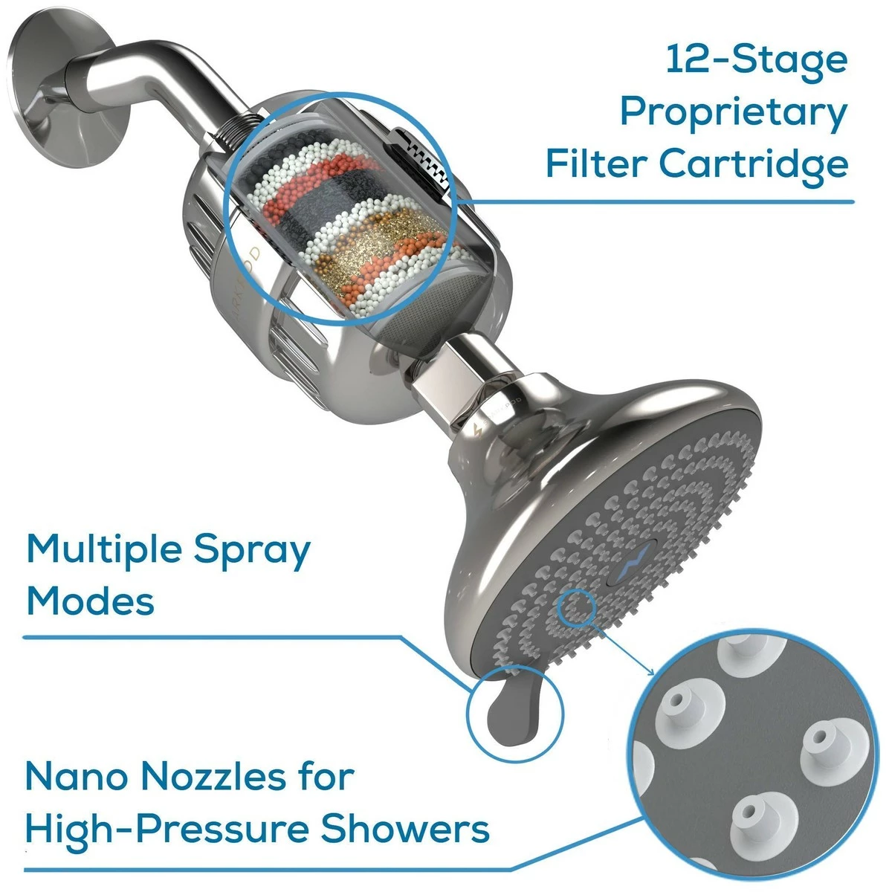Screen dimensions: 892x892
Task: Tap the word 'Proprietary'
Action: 734,114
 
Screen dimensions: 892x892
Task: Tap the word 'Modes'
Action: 90,603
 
